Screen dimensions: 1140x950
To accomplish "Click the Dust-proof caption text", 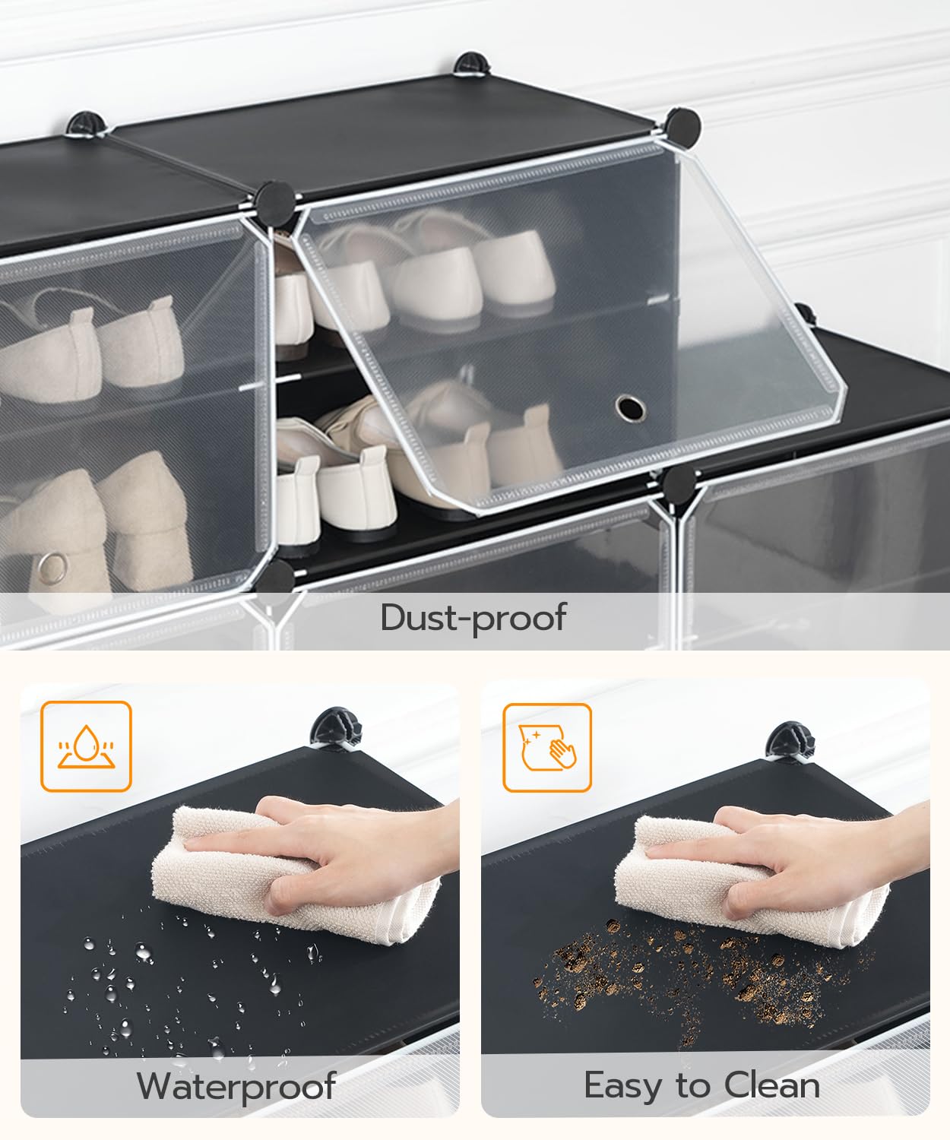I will (473, 617).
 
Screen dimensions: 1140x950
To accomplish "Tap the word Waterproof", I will (236, 1085).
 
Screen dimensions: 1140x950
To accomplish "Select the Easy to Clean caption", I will (701, 1085).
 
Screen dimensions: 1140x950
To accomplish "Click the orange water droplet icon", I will (86, 746).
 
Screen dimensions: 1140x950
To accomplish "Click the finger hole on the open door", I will (630, 408).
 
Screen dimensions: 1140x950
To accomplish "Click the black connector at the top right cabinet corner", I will (682, 126).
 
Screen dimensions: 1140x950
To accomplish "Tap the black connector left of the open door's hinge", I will (274, 201).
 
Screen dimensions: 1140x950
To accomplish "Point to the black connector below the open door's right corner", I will (679, 484).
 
